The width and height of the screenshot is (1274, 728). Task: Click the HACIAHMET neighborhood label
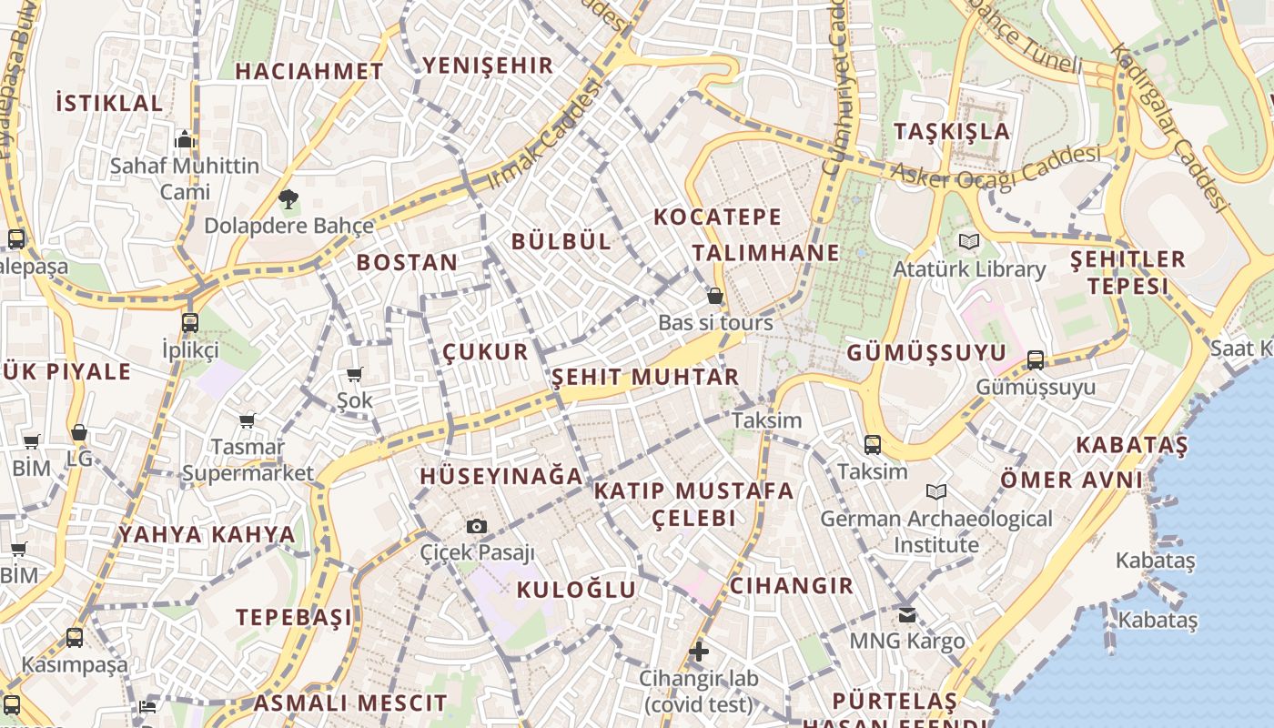[309, 71]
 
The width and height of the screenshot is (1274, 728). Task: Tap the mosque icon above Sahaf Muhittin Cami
[185, 140]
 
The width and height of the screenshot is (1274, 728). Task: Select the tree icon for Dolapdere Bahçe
[288, 198]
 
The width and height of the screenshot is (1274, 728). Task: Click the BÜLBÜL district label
[561, 241]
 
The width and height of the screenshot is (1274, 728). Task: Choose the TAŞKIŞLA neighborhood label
[952, 131]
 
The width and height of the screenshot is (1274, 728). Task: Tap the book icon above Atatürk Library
[968, 242]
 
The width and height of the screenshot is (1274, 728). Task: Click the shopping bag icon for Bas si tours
[715, 296]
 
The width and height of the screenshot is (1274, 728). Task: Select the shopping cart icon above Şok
[355, 374]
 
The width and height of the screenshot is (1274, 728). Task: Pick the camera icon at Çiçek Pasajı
[476, 526]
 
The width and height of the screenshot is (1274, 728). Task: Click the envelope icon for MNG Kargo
[906, 614]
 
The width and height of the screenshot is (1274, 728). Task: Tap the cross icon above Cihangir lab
[698, 652]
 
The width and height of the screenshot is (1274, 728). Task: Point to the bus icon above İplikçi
[190, 323]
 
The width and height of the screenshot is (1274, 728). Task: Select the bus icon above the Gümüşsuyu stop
[1036, 360]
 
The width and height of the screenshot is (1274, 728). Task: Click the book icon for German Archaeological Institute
[936, 492]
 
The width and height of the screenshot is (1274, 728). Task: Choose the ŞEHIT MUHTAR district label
[645, 377]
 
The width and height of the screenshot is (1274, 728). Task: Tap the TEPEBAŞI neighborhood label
[294, 617]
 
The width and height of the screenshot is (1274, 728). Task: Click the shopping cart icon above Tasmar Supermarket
[247, 420]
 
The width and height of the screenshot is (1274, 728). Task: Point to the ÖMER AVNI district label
[1071, 480]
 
